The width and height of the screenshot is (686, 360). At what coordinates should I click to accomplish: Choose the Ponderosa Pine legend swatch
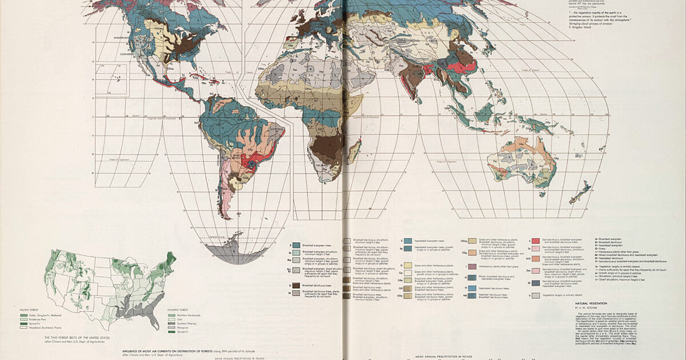(25, 319)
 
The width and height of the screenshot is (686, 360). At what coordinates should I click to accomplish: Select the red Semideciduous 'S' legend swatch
(534, 241)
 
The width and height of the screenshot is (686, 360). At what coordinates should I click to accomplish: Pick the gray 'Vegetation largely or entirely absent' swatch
(534, 296)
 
